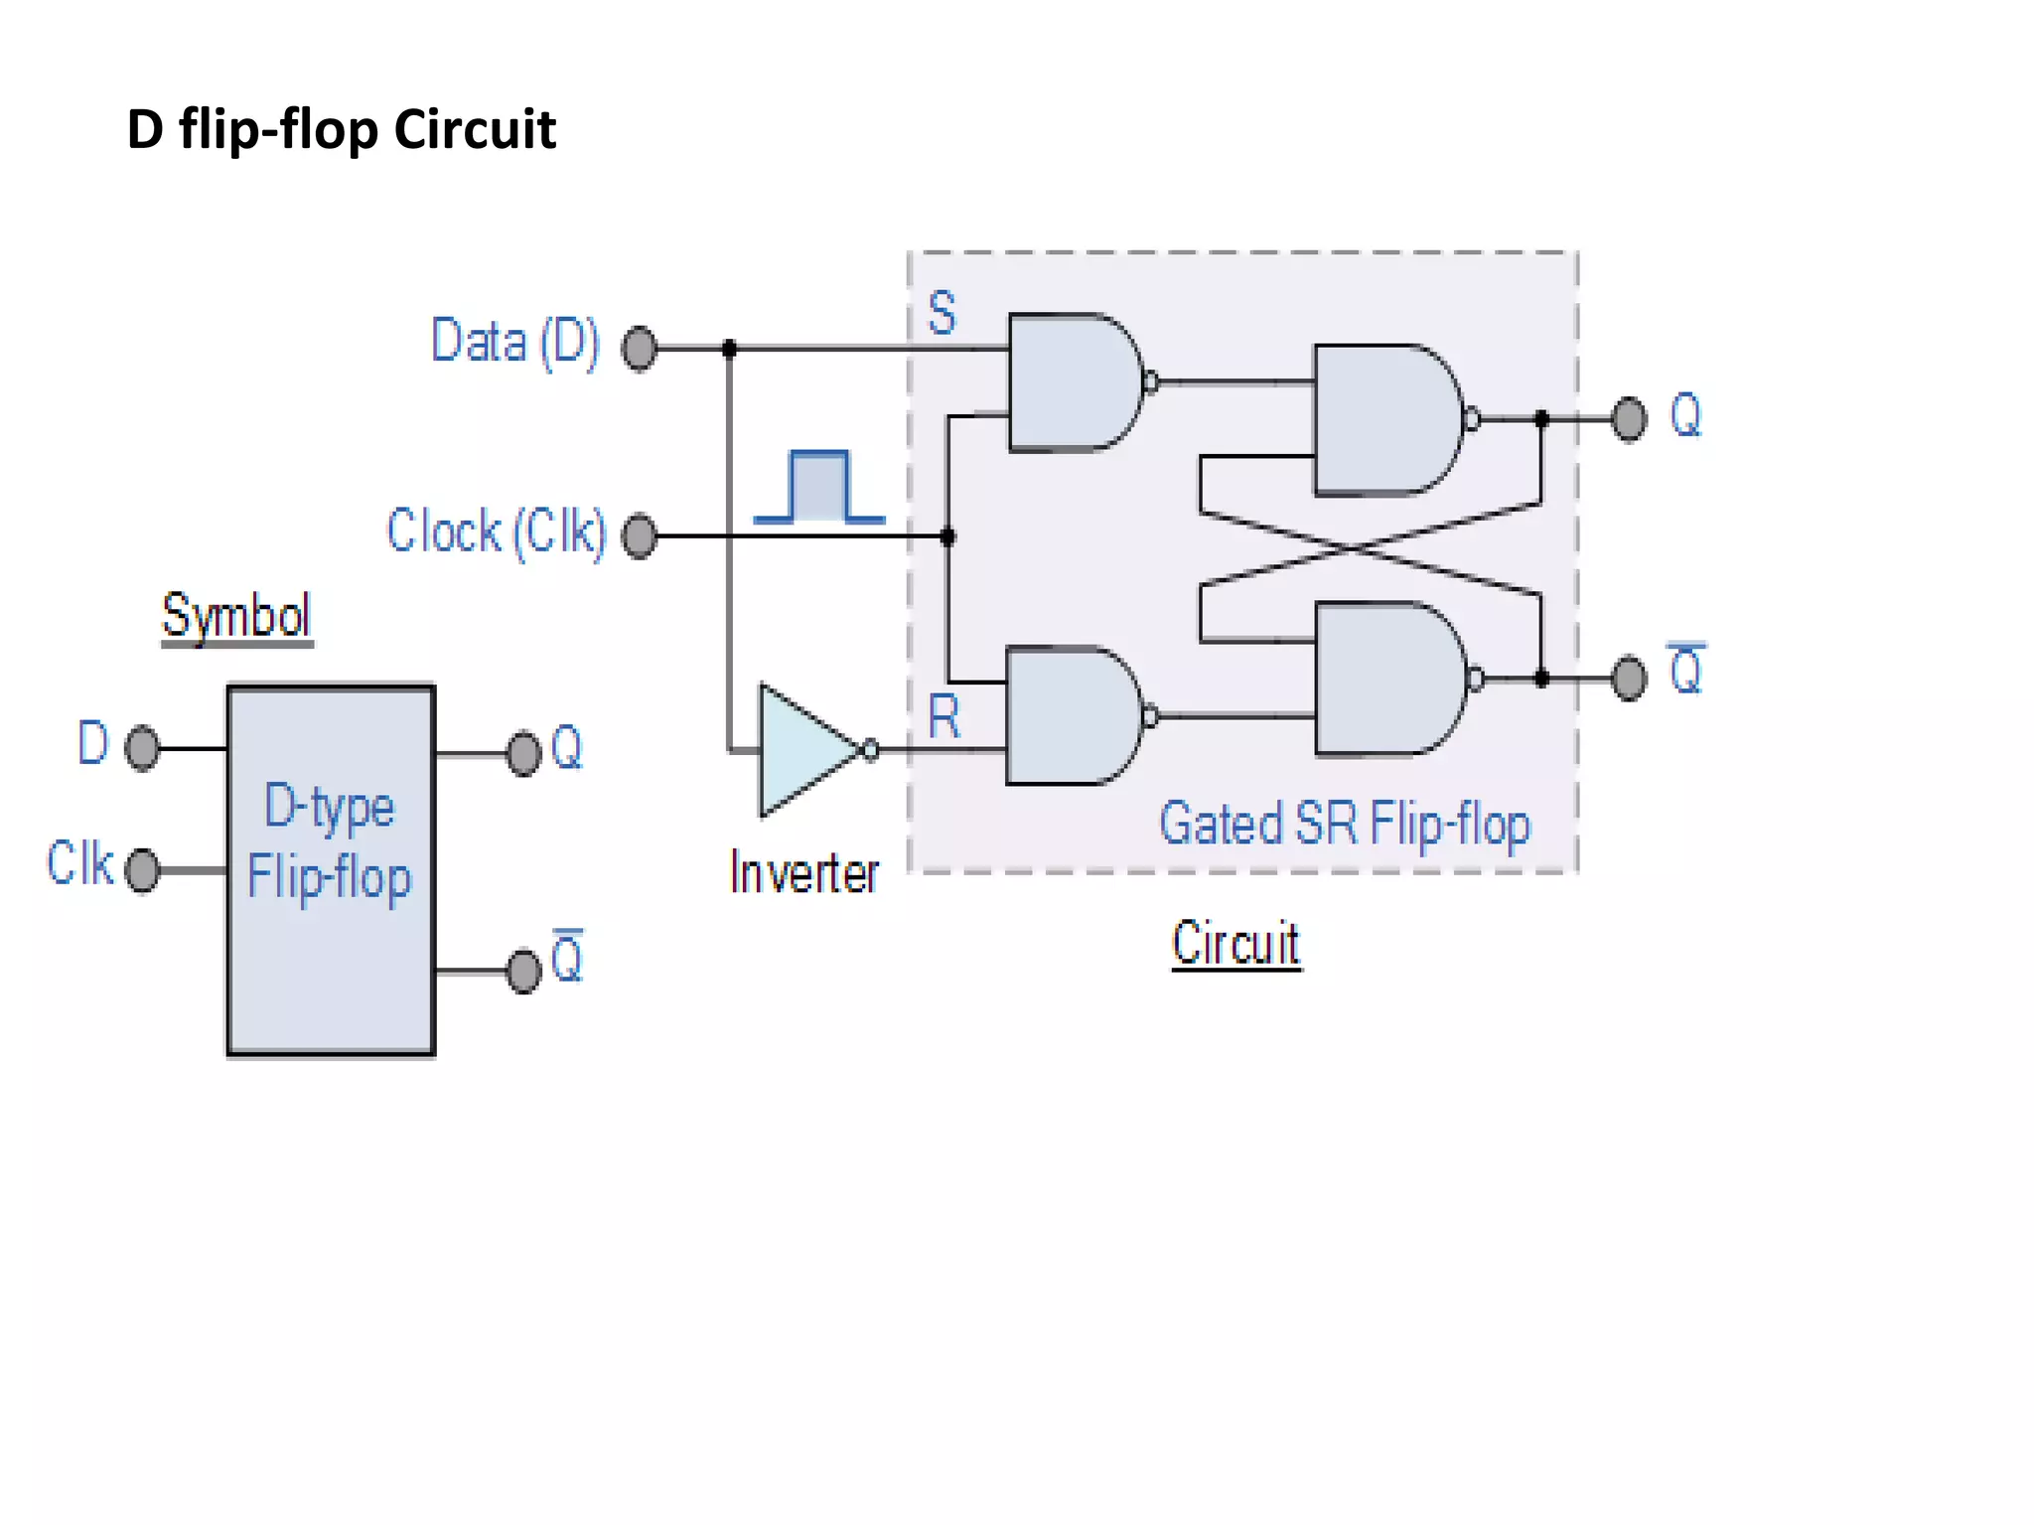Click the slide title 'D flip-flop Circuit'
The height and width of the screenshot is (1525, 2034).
[341, 129]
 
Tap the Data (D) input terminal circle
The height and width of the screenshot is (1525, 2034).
[639, 349]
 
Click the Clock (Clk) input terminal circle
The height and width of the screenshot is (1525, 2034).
[639, 536]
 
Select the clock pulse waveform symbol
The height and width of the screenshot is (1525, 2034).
[819, 487]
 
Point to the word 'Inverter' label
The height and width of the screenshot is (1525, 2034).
[804, 873]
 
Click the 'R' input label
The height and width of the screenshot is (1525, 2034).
[944, 716]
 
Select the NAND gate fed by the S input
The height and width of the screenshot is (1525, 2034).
[1073, 382]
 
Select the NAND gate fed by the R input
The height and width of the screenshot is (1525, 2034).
[1071, 715]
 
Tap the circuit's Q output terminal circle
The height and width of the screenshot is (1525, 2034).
[1629, 418]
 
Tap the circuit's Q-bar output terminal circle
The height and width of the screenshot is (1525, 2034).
[1629, 679]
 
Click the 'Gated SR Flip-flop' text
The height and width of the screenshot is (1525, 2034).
[1345, 825]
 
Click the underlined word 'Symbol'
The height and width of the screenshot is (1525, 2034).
[236, 615]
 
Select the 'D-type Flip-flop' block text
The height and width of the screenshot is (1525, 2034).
[329, 841]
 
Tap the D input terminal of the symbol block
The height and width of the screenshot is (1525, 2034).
[142, 747]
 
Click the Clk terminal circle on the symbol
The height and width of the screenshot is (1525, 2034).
[142, 870]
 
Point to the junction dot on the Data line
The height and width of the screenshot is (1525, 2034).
[729, 349]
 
